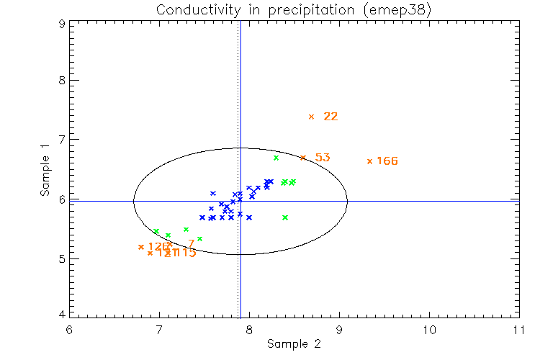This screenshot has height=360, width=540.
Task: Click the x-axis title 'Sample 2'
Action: (293, 344)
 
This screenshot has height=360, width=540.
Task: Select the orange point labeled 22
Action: (311, 117)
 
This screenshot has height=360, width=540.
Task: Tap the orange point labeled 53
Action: (303, 157)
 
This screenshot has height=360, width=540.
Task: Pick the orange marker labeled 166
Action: (369, 161)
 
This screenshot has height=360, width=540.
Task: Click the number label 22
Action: (330, 117)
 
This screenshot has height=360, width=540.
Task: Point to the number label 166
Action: (387, 161)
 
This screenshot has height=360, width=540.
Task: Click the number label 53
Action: (323, 157)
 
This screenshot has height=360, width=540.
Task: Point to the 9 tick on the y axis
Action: (62, 23)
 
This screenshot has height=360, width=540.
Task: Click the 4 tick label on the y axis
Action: (62, 314)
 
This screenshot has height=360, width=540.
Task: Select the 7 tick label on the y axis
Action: (62, 139)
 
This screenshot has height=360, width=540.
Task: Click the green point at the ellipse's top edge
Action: (276, 158)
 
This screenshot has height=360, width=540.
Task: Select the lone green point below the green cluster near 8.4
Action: (285, 217)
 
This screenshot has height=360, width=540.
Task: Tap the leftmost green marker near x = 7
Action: (156, 231)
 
